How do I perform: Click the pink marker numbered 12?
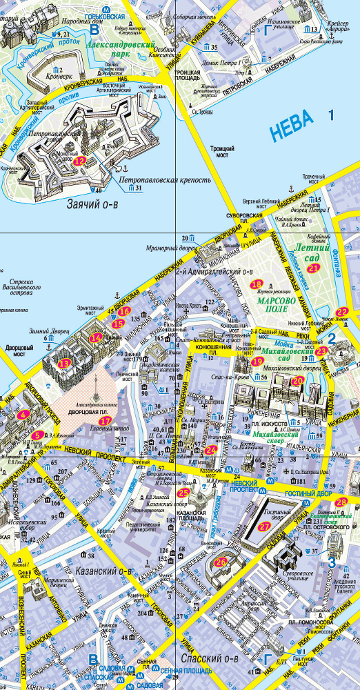tap(80, 161)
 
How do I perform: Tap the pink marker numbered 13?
tap(64, 363)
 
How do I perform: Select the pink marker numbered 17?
tap(105, 421)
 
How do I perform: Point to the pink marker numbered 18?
tap(257, 284)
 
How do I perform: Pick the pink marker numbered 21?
tap(314, 268)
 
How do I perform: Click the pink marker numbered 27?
tap(265, 526)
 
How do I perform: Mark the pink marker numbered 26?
tap(221, 562)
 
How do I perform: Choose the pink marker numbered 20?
tap(297, 380)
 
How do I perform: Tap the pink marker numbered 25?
tap(183, 493)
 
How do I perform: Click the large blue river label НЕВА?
tap(291, 126)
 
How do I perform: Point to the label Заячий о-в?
tap(94, 204)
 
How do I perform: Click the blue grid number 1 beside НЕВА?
tap(331, 115)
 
